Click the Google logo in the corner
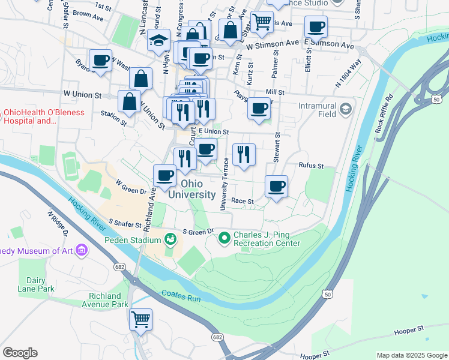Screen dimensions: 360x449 tap(20, 353)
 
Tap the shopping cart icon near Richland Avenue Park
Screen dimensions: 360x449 tap(140, 319)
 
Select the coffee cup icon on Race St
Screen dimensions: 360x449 tap(276, 186)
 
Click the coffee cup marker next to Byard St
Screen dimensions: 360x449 tap(101, 60)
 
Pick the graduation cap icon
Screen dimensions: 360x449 tap(158, 41)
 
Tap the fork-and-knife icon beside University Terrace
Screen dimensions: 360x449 tap(244, 154)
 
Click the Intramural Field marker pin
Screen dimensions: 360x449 tap(345, 109)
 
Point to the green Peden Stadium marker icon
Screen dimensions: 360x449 tap(171, 239)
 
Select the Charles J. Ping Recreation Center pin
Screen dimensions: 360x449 tap(224, 238)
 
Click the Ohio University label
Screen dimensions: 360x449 tap(191, 188)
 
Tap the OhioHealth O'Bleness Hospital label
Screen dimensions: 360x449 tap(31, 116)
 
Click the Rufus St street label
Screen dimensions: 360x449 tap(312, 166)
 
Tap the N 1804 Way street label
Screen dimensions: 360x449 tap(348, 73)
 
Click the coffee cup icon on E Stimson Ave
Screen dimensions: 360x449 tap(316, 26)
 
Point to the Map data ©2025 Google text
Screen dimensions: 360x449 tap(411, 355)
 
